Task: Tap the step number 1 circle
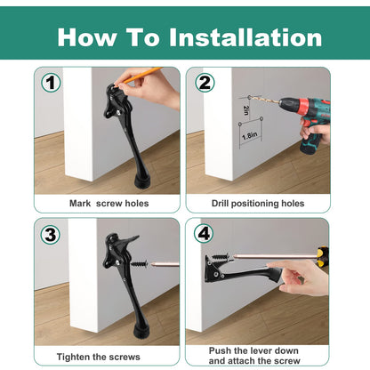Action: click(x=52, y=84)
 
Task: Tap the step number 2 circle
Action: click(x=205, y=84)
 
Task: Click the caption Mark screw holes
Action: click(x=109, y=203)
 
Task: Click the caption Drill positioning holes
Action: click(x=258, y=203)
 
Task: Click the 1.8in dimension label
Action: click(x=250, y=136)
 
